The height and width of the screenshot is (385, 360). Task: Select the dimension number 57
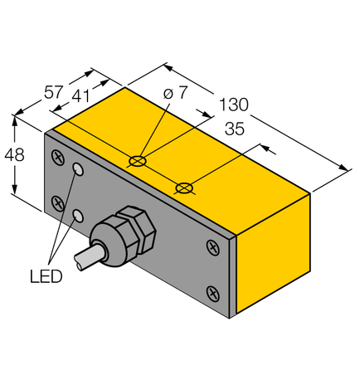[53, 92]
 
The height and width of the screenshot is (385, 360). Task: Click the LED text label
[45, 276]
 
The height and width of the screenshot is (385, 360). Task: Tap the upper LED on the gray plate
[79, 170]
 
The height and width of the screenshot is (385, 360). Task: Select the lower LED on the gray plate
[79, 216]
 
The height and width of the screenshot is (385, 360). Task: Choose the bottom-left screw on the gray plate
[56, 202]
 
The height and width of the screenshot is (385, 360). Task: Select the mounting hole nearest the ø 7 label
[139, 158]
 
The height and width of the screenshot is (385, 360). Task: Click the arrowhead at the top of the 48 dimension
[13, 119]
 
